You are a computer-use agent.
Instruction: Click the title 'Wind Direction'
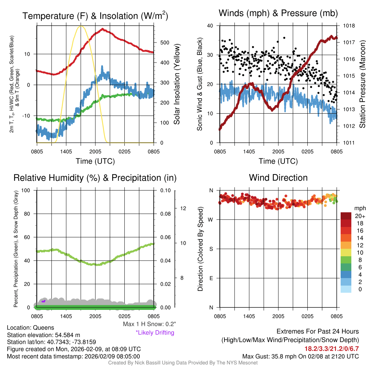(278, 178)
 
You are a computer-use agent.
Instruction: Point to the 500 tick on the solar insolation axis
(165, 43)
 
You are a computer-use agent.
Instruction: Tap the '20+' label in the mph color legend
(359, 216)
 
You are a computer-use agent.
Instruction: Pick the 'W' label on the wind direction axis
(211, 219)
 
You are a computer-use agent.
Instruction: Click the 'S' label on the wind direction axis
(211, 249)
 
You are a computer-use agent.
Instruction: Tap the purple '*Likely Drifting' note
(155, 332)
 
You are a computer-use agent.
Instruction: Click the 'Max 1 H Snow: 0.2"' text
(149, 324)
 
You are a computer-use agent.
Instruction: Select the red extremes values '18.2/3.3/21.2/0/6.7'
(331, 348)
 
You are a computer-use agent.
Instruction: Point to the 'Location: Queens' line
(30, 327)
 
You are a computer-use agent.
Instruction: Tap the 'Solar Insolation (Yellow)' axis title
(177, 84)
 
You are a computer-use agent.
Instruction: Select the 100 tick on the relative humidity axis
(26, 190)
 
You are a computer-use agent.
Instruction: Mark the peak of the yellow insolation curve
(81, 26)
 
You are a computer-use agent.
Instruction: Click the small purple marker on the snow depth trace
(43, 301)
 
